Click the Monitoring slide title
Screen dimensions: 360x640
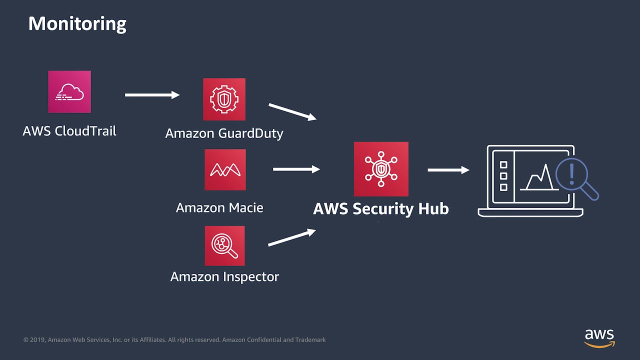point(77,23)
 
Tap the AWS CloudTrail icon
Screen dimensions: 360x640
point(69,91)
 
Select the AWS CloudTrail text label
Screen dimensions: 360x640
point(69,131)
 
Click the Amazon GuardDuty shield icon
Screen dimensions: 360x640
point(224,99)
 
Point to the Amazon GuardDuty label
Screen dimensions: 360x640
point(224,133)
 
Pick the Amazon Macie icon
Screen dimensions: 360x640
point(225,169)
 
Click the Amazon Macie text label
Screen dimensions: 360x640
point(219,207)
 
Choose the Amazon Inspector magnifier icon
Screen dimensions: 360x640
point(224,245)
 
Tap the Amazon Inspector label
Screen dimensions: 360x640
point(224,276)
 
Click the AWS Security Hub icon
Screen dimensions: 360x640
point(381,169)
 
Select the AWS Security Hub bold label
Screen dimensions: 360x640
point(381,208)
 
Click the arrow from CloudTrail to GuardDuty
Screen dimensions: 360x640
point(152,95)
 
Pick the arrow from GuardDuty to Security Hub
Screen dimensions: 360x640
point(292,112)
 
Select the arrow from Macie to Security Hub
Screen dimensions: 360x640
point(296,169)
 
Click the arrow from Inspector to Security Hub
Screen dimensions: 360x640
point(292,238)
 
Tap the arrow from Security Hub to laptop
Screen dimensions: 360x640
point(448,170)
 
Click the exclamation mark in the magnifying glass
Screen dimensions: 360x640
point(572,174)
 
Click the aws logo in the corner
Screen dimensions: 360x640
point(599,338)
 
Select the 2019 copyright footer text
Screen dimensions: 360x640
point(174,340)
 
